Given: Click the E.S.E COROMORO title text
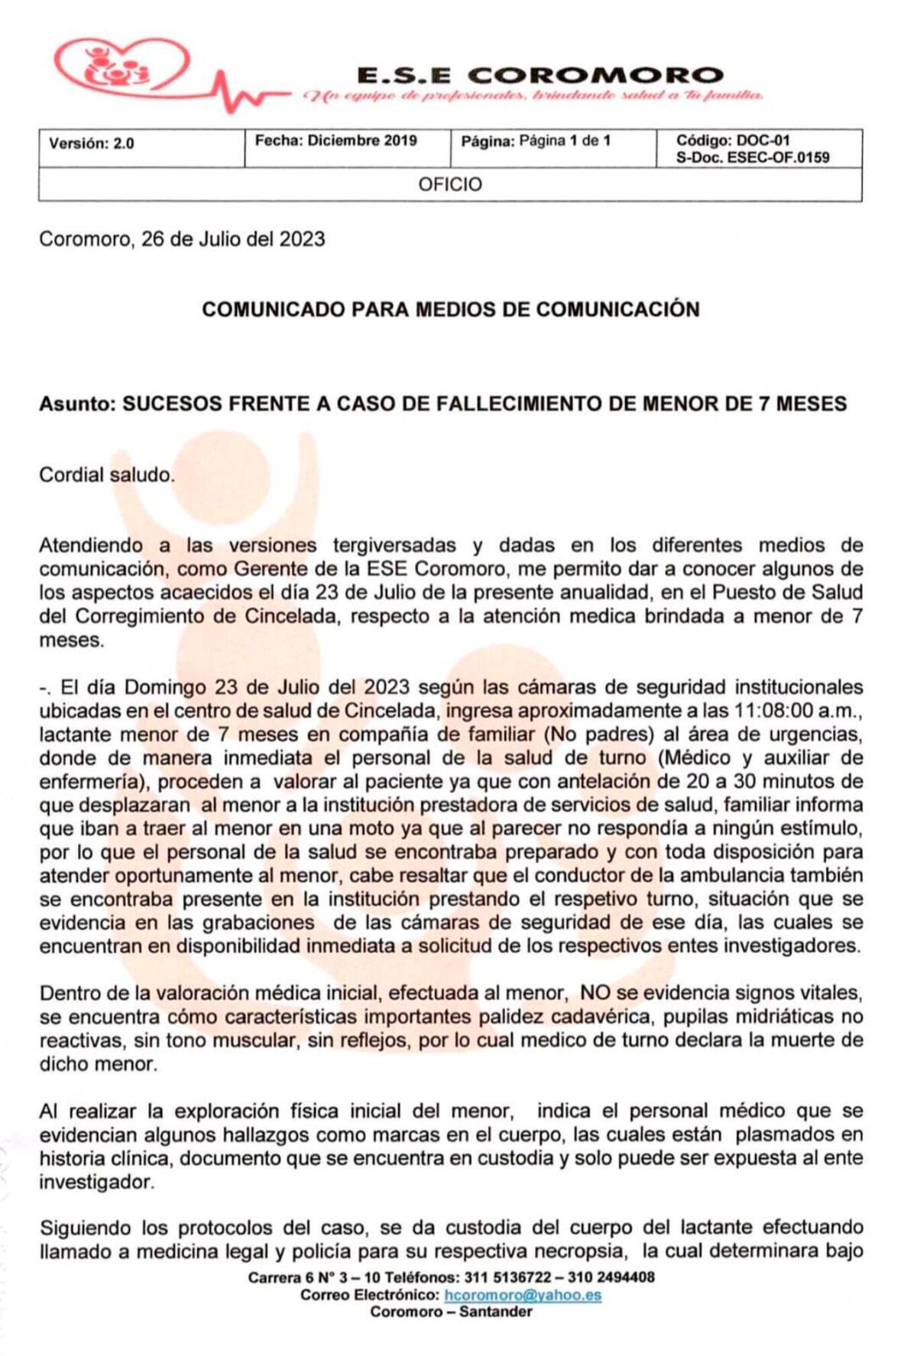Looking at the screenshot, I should (540, 75).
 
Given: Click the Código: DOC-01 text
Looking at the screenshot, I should (733, 141).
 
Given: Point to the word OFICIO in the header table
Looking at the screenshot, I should (450, 185).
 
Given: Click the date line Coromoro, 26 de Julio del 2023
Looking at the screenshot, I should (182, 239).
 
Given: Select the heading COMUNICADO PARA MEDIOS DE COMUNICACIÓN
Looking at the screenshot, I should (450, 310).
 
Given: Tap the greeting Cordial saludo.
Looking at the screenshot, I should (107, 475).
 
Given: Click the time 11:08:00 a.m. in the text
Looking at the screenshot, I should (797, 710).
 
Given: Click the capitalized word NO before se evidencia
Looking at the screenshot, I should (595, 993).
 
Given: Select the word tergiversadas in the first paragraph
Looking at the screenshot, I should (394, 545).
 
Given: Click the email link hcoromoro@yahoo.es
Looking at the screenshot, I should (523, 1295).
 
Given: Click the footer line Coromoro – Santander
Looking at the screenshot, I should (451, 1312).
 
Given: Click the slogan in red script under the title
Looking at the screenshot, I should (533, 96).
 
